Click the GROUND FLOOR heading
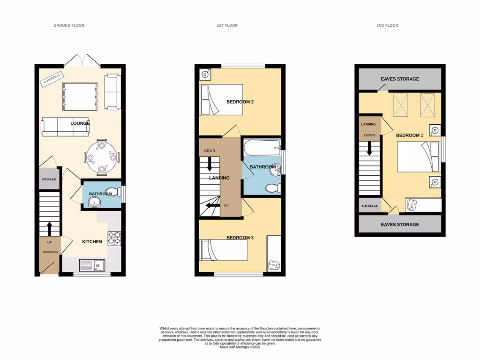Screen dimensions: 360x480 pos(69,25)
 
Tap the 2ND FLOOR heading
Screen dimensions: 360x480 pos(387,25)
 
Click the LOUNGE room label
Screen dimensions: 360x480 pos(80,123)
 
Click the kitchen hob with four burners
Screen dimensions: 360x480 pos(114,238)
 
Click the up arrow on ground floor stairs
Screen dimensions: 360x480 pos(49,228)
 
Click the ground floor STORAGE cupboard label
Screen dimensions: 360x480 pos(48,180)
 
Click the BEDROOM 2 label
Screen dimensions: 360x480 pos(240,102)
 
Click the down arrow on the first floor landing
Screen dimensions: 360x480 pos(210,163)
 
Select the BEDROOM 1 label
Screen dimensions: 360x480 pos(410,135)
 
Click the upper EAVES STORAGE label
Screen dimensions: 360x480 pos(400,79)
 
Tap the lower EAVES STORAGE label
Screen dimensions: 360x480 pos(400,225)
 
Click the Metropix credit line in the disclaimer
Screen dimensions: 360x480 pos(240,347)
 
